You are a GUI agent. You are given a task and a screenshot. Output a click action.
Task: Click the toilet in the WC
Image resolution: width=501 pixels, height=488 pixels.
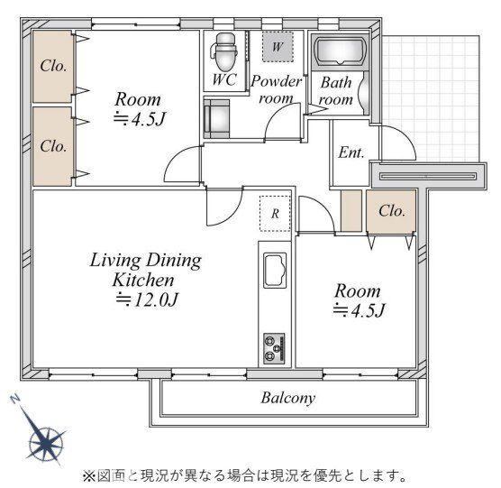coord(224,51)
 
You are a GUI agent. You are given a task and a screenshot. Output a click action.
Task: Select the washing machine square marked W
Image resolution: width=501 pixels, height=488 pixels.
coord(278,47)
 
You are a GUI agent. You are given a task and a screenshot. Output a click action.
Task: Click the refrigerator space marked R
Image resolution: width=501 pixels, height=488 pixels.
coord(275,213)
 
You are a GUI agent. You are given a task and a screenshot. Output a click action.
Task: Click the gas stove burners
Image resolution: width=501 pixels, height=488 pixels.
coord(274,348)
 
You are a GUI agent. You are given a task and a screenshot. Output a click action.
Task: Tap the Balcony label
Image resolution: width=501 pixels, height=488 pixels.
coord(288,398)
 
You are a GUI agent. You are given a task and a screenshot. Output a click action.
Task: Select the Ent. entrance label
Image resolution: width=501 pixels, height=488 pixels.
coord(351,152)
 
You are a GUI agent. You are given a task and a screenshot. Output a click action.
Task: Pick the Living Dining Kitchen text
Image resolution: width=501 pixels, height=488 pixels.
coord(145,270)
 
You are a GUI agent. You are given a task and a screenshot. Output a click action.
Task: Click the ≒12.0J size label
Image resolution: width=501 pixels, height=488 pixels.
coord(146,299)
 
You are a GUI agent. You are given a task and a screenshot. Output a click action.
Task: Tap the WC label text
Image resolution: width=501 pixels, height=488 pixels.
coord(224,79)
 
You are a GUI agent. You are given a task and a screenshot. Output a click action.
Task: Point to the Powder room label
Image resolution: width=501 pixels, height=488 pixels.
coord(276,89)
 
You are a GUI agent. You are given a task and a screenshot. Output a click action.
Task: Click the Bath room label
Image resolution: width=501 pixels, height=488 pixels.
coord(336,91)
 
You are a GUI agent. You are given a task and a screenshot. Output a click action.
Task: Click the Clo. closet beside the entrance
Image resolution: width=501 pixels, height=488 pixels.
coord(391,211)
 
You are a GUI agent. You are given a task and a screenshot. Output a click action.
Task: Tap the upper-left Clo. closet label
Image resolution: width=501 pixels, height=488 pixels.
coord(54,66)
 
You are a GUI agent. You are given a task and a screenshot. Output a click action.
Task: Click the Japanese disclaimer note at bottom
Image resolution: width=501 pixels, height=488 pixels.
coord(245,476)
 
